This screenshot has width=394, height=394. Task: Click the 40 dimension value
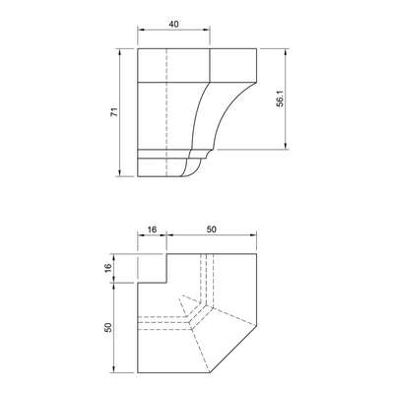(173, 25)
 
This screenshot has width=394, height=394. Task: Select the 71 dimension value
(114, 112)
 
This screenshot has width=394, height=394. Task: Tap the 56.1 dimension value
(280, 99)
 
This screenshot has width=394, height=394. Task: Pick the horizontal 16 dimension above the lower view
(152, 230)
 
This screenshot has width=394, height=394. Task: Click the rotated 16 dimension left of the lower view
(108, 268)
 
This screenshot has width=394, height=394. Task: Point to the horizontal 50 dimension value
(212, 230)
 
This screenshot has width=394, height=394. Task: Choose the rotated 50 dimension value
(108, 327)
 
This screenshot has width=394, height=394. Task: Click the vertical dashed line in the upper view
(166, 112)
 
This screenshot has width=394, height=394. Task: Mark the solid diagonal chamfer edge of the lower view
(233, 349)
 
